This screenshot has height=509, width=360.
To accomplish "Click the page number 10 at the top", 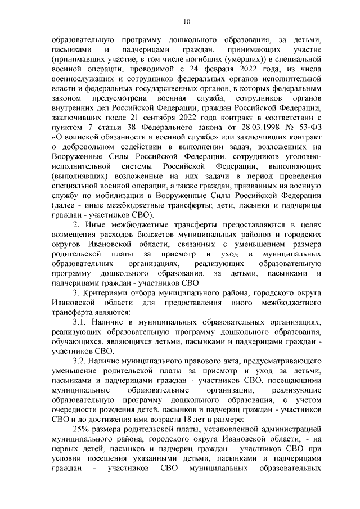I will click(x=187, y=22).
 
